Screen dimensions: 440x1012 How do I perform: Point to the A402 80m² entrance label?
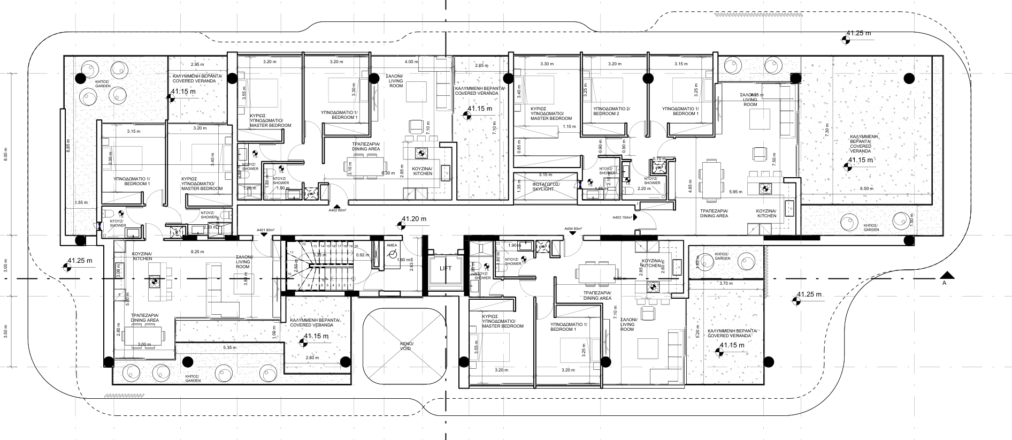point(338,210)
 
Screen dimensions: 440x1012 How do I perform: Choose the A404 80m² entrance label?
point(573,229)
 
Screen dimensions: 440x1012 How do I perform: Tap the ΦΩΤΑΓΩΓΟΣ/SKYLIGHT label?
point(545,186)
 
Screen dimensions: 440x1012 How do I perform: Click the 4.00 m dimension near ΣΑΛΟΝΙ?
point(412,62)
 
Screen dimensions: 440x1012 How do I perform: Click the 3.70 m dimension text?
point(725,283)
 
